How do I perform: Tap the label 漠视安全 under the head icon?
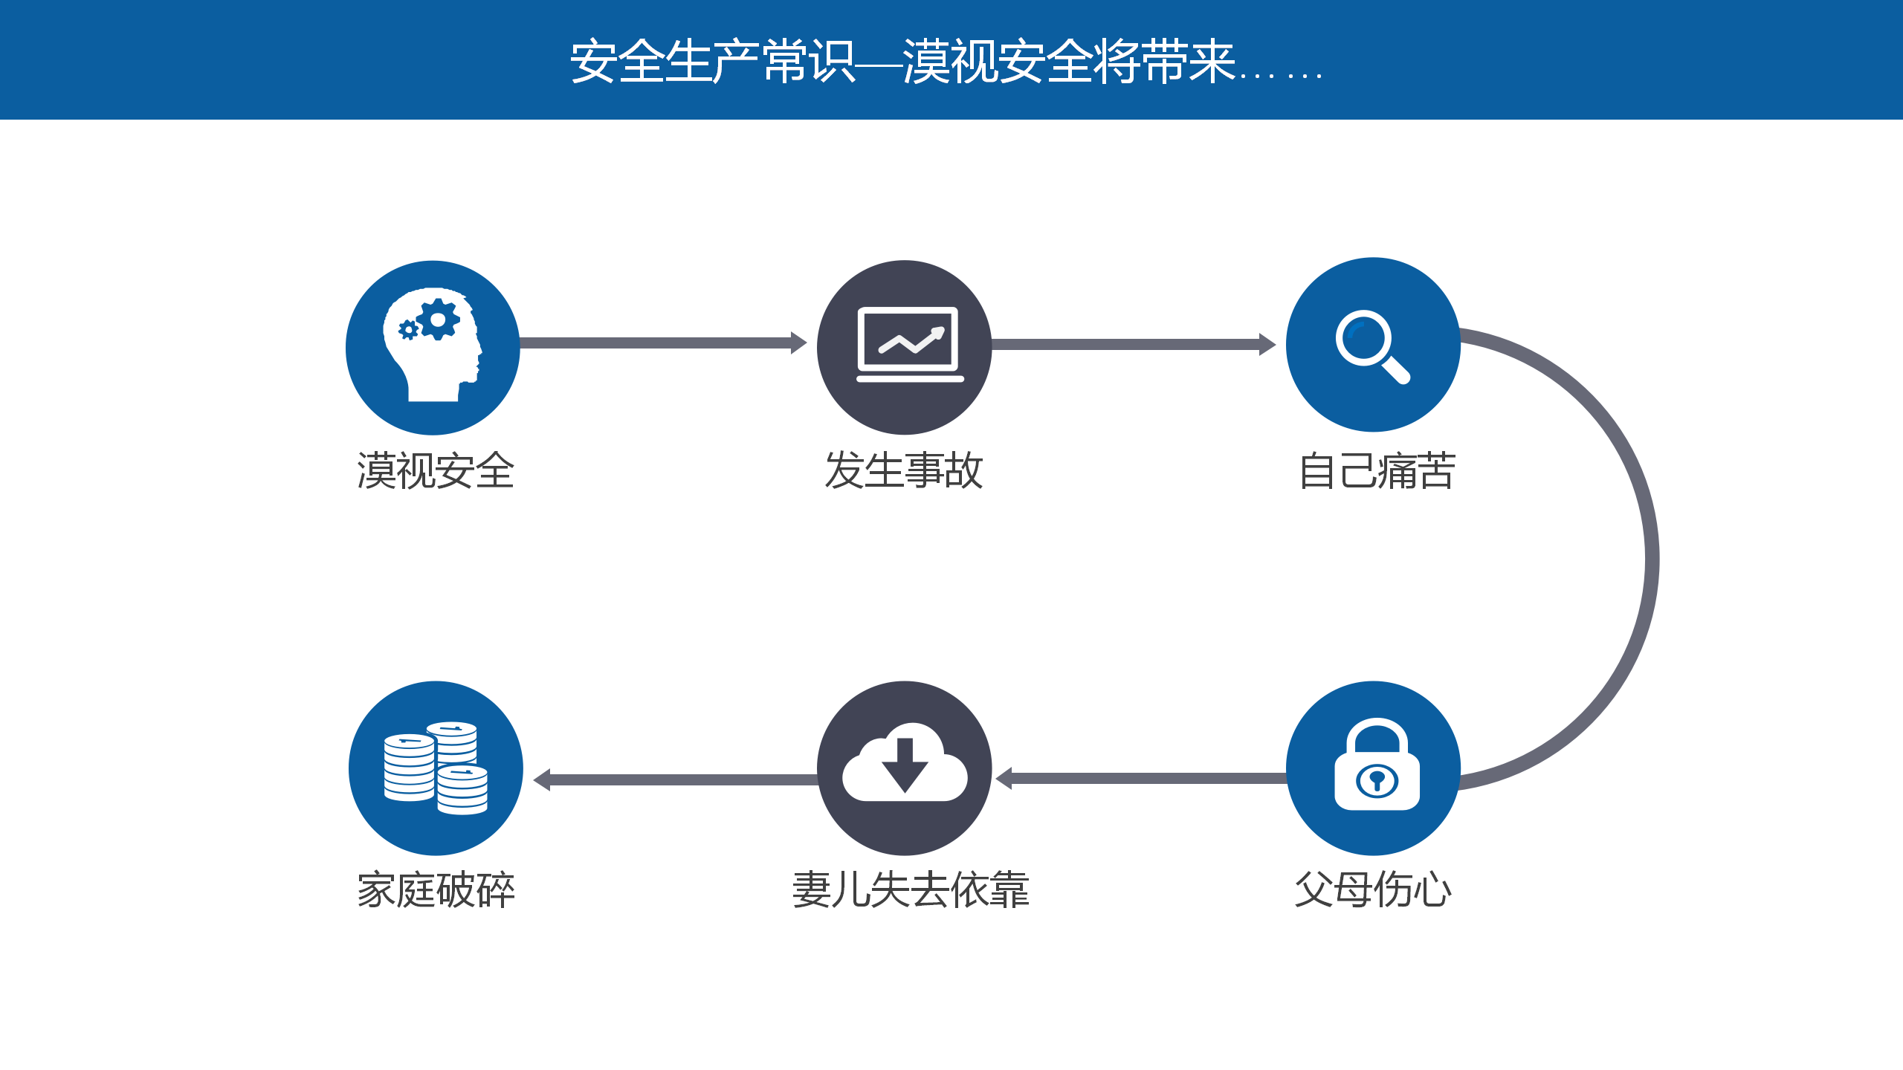(x=436, y=471)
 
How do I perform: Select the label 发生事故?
(x=904, y=471)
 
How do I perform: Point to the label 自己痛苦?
(x=1377, y=471)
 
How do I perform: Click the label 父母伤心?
(x=1373, y=889)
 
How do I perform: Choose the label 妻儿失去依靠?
(x=911, y=889)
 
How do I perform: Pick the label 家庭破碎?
(x=436, y=889)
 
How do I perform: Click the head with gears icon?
(x=433, y=345)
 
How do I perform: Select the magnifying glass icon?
(x=1372, y=346)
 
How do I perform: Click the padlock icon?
(x=1377, y=764)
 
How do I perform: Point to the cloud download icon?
(x=905, y=762)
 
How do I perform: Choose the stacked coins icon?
(x=436, y=768)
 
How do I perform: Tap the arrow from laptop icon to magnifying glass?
(x=1134, y=344)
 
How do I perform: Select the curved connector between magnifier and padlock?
(x=1652, y=559)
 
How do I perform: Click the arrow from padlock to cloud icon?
(x=1142, y=779)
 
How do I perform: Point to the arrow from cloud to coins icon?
(x=676, y=779)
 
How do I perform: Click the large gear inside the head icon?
(x=439, y=320)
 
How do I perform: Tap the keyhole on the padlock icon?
(x=1377, y=780)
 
